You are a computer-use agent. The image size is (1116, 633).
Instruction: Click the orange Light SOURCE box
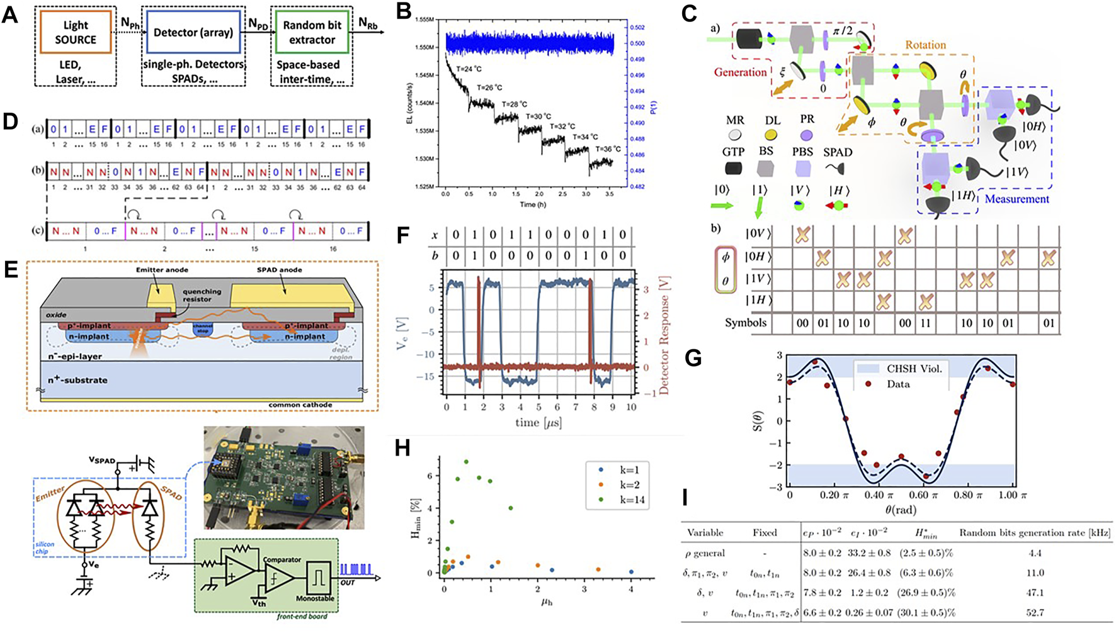pyautogui.click(x=76, y=32)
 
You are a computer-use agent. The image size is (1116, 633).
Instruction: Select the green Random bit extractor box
pyautogui.click(x=312, y=32)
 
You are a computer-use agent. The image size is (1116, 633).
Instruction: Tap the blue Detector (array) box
pyautogui.click(x=194, y=32)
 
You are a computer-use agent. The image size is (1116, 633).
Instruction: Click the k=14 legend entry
pyautogui.click(x=617, y=501)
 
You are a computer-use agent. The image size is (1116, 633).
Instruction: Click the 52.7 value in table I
pyautogui.click(x=1034, y=612)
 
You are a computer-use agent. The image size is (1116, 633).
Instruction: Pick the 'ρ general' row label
pyautogui.click(x=705, y=553)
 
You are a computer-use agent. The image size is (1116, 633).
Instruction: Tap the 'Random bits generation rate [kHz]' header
pyautogui.click(x=1034, y=533)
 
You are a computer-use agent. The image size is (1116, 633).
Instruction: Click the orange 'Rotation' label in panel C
pyautogui.click(x=925, y=45)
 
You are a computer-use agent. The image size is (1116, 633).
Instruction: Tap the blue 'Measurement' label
pyautogui.click(x=1016, y=199)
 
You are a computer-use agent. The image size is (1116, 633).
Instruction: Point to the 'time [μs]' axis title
pyautogui.click(x=538, y=422)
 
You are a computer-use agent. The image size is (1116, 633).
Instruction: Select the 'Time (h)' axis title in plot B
pyautogui.click(x=528, y=204)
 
